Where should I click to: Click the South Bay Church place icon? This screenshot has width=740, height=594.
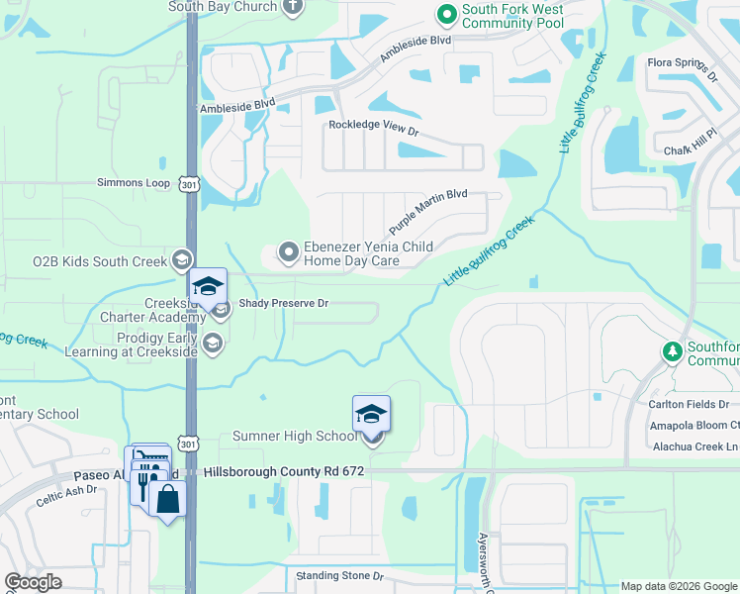point(292,7)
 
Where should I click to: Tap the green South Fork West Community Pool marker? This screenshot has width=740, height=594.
point(446,14)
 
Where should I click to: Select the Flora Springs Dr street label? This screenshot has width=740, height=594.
point(681,66)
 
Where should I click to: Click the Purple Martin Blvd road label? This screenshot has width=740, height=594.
point(427,212)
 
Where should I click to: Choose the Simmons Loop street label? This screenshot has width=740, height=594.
point(133,183)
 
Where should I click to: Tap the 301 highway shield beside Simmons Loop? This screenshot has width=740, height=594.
point(190,183)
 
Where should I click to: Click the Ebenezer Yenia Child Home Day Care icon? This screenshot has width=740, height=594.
point(289,251)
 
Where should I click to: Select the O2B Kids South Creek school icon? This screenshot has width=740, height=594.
point(180,260)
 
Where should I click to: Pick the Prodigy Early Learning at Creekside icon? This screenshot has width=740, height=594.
point(212,344)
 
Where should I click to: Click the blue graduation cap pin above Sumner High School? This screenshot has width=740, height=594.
point(371,413)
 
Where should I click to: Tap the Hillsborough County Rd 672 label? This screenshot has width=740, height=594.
point(284,473)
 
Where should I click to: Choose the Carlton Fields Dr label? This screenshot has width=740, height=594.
point(689,404)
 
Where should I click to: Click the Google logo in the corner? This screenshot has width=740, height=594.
point(33,582)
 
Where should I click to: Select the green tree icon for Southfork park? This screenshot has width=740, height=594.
point(673,351)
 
